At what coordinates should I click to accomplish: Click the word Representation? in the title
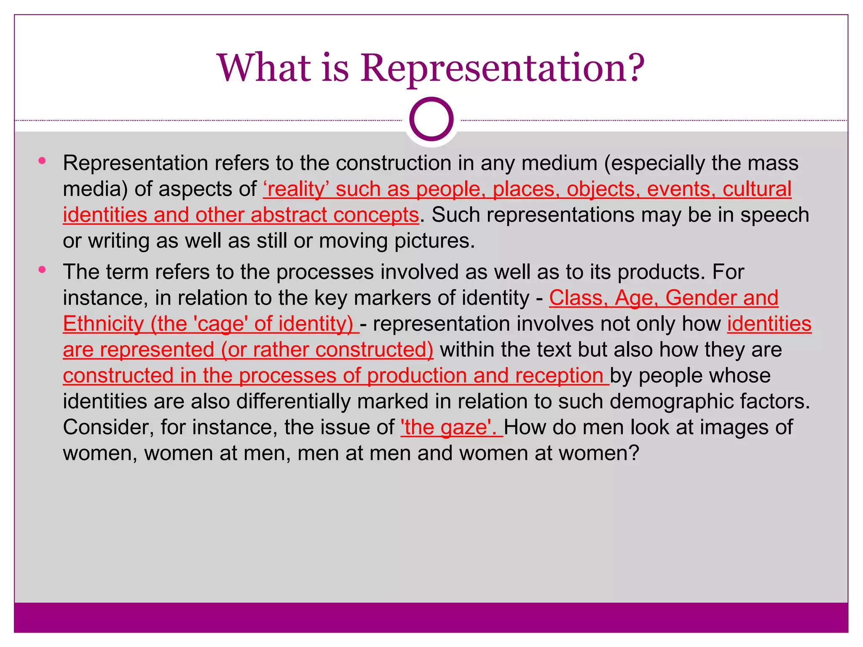(502, 68)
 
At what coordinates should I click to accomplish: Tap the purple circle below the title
(431, 119)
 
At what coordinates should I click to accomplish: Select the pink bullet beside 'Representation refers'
(42, 160)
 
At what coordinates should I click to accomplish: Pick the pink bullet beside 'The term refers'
(42, 270)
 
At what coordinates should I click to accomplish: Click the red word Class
(578, 298)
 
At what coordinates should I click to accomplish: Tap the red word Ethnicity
(104, 324)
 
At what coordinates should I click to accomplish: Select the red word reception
(560, 376)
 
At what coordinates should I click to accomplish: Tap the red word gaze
(463, 428)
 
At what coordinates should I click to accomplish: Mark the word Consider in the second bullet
(108, 428)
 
